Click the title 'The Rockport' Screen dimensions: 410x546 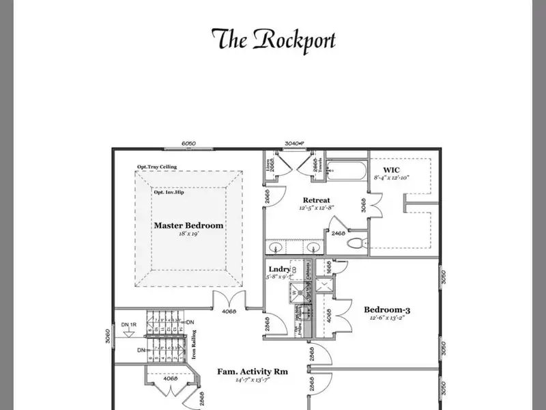pyautogui.click(x=273, y=40)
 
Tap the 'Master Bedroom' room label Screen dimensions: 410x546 pyautogui.click(x=188, y=225)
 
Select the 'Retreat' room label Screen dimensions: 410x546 pyautogui.click(x=316, y=200)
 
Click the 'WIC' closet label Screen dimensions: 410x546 pyautogui.click(x=392, y=169)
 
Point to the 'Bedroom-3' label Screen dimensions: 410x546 pyautogui.click(x=386, y=309)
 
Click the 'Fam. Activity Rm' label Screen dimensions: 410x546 pyautogui.click(x=253, y=372)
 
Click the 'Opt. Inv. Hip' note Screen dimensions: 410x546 pyautogui.click(x=169, y=192)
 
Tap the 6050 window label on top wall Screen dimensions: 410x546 pyautogui.click(x=189, y=143)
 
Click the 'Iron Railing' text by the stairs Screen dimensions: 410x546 pyautogui.click(x=194, y=344)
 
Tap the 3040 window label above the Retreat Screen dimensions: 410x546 pyautogui.click(x=293, y=143)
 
